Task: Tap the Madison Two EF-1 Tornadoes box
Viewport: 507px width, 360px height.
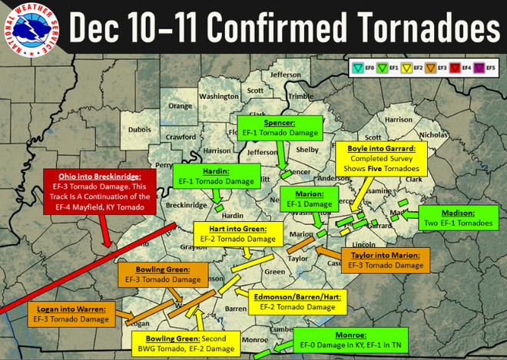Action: [x=458, y=219]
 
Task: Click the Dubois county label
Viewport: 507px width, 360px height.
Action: [x=140, y=130]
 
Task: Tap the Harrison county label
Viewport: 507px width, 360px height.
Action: [x=398, y=120]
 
